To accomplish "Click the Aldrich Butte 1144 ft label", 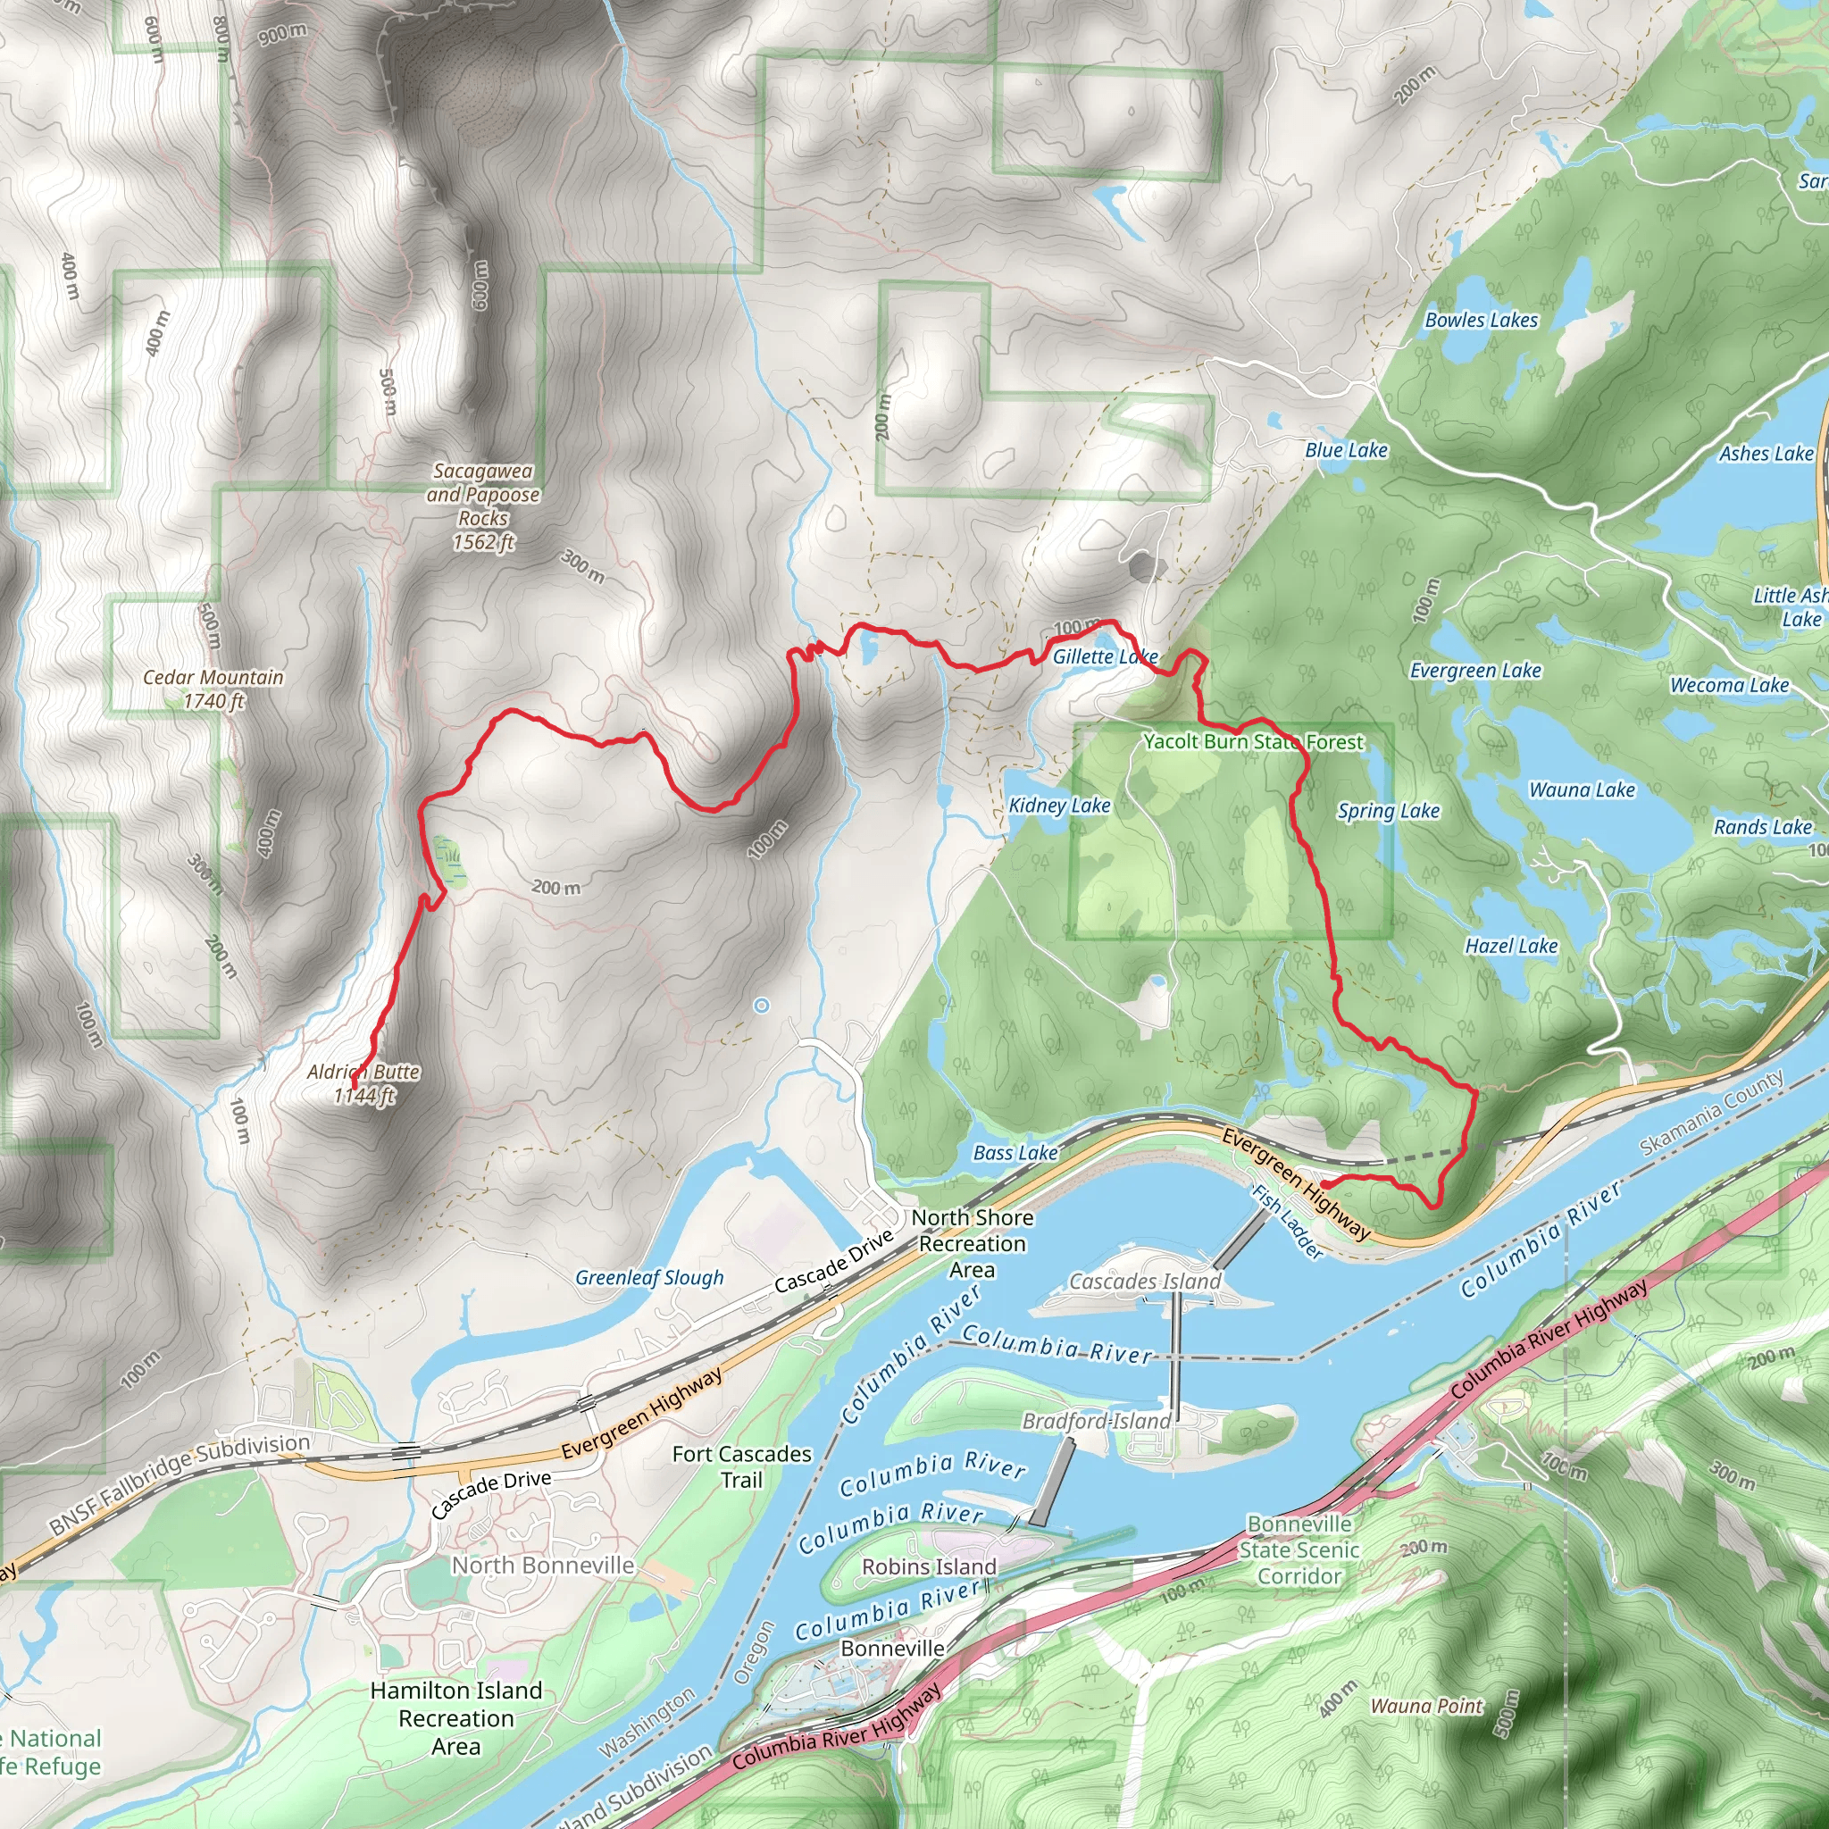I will pos(364,1084).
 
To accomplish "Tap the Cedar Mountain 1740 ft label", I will pos(213,689).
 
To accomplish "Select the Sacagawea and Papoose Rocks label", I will pos(483,505).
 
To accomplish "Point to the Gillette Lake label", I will pos(1105,657).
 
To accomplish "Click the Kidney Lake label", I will pos(1058,806).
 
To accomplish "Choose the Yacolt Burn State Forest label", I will pos(1253,741).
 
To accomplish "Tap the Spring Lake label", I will pos(1388,810).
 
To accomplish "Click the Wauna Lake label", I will pos(1582,789).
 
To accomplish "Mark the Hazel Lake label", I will pos(1511,946).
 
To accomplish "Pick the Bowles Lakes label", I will pos(1482,320).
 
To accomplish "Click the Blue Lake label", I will pos(1346,451).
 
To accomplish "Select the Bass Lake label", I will pos(1015,1152).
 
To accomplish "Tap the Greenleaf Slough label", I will pos(649,1278).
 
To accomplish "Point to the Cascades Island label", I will pos(1145,1282).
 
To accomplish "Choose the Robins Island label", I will pos(929,1566).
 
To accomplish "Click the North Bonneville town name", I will pos(542,1565).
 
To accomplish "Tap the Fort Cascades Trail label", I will pos(742,1466).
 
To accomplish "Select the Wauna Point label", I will pos(1426,1706).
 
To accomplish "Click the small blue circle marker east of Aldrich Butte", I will pos(761,1006).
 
